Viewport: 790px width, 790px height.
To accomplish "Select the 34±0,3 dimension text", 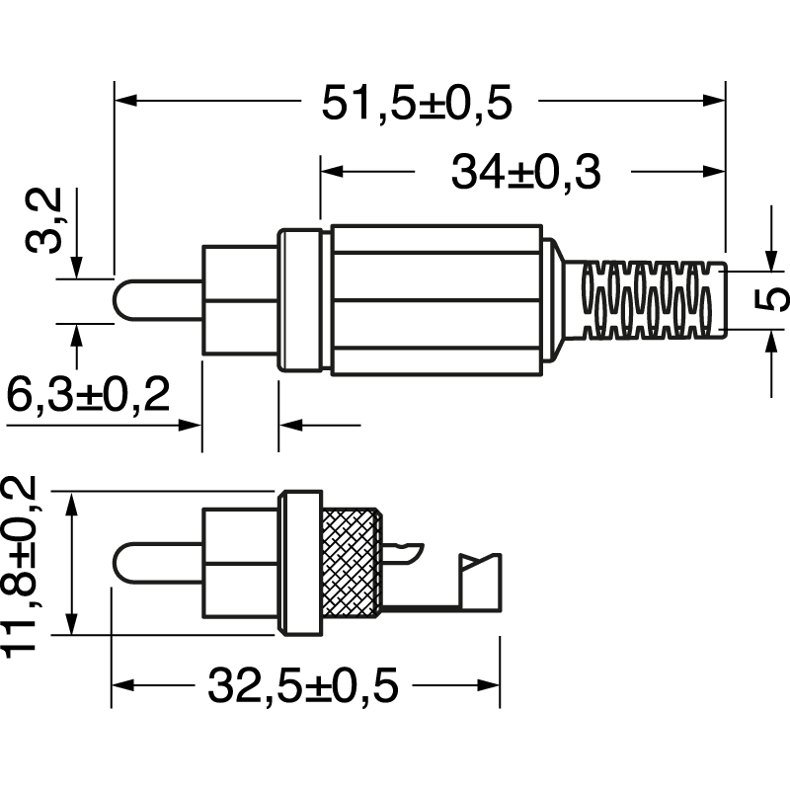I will tap(525, 173).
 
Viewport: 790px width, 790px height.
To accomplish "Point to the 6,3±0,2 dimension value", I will tap(88, 397).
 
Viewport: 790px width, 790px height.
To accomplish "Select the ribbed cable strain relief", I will tap(652, 299).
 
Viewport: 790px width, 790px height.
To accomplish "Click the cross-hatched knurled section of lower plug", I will tap(352, 562).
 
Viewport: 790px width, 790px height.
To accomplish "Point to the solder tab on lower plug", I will tap(481, 583).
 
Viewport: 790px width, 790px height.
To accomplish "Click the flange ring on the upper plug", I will tap(302, 300).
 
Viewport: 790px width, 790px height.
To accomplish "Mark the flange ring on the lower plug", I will tap(300, 562).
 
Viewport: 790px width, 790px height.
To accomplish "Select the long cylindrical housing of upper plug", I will tap(435, 300).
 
